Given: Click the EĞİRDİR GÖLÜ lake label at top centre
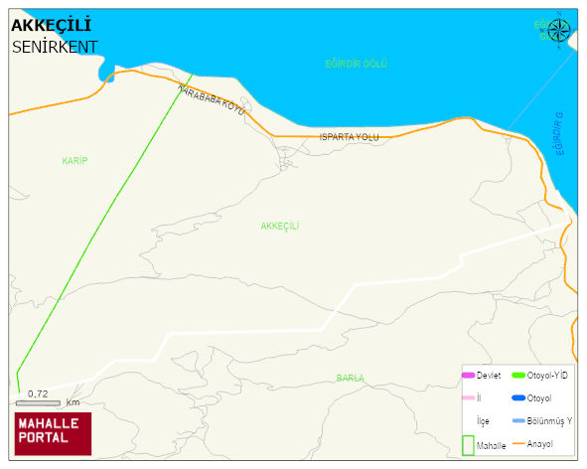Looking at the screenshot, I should (356, 64).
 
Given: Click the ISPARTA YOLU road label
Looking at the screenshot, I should (350, 136).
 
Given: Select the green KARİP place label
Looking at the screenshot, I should (75, 160).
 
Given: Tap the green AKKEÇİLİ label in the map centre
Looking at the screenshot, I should (280, 226).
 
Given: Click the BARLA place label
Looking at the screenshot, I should (350, 378).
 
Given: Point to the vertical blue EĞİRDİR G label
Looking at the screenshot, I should (558, 134).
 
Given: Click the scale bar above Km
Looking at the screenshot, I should (38, 402).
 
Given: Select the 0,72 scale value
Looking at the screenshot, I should (38, 393).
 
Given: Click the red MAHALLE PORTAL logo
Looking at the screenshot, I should (53, 432).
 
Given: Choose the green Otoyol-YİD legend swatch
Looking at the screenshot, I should (517, 375).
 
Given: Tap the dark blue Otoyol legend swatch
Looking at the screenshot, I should (517, 397).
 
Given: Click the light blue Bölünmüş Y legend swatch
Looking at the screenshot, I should (517, 421).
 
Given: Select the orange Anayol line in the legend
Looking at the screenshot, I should (517, 444).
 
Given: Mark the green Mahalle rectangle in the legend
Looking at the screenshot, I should (468, 444).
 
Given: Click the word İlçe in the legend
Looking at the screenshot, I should (483, 421).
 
